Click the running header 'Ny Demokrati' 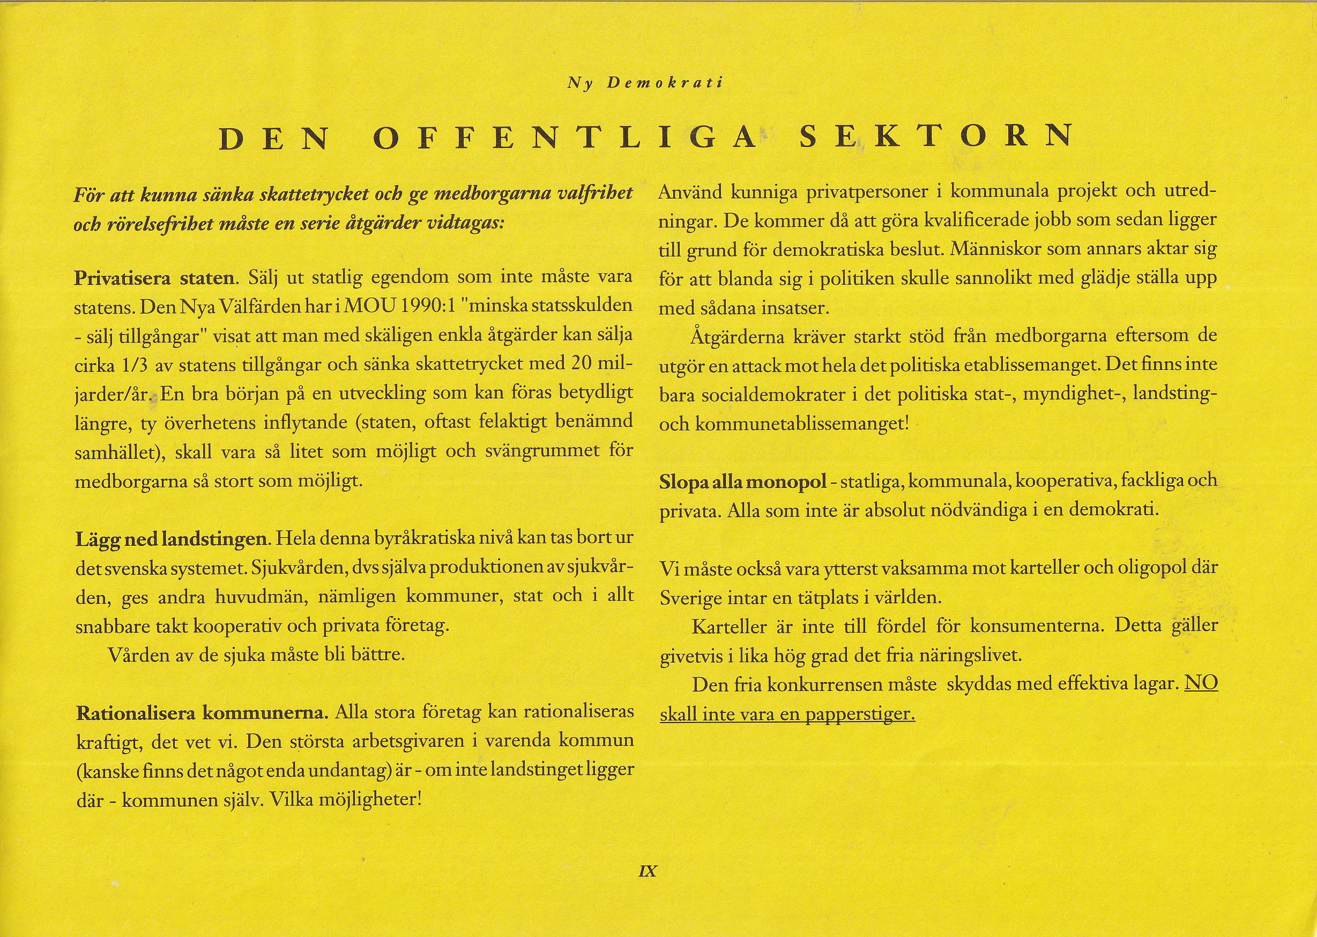coord(644,83)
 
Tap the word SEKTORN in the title coord(929,136)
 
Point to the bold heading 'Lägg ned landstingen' coord(172,539)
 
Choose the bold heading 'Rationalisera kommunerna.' coord(203,712)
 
